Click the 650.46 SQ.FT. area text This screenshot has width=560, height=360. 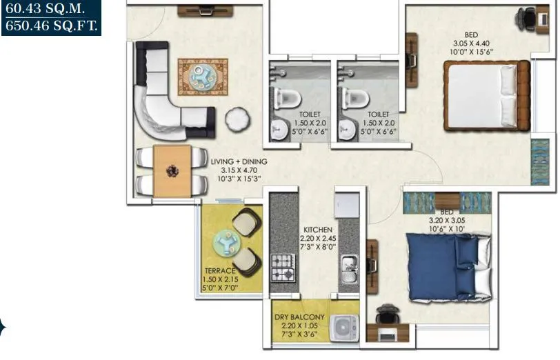coord(52,26)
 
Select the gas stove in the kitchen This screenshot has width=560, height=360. coord(283,267)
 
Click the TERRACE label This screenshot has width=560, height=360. coord(220,270)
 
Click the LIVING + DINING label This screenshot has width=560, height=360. coord(239,161)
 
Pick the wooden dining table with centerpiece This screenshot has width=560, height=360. coord(172,170)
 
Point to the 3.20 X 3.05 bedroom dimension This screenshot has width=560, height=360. coord(448,222)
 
